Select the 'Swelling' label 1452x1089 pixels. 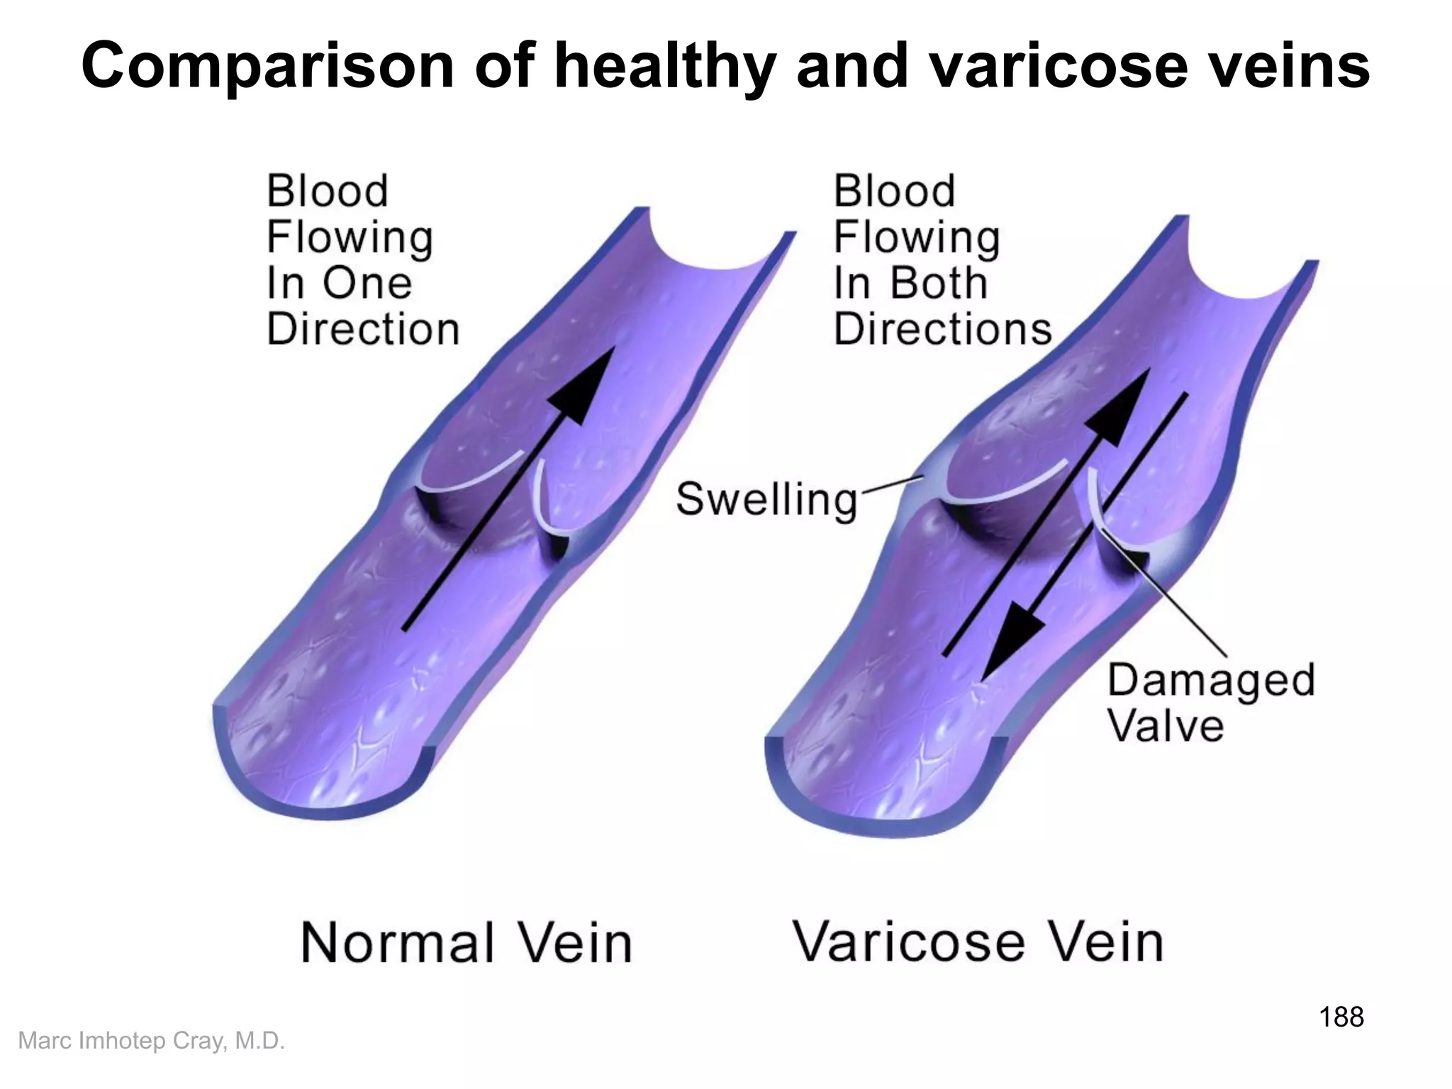pyautogui.click(x=766, y=498)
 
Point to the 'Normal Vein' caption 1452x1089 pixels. pyautogui.click(x=466, y=942)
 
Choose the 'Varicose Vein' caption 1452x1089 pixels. pyautogui.click(x=978, y=942)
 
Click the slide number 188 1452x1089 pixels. pyautogui.click(x=1341, y=1017)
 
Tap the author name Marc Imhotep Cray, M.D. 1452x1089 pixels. pyautogui.click(x=151, y=1041)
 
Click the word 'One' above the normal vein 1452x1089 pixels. pyautogui.click(x=367, y=283)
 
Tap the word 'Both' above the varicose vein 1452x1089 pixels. pyautogui.click(x=938, y=283)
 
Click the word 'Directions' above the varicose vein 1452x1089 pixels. pyautogui.click(x=942, y=329)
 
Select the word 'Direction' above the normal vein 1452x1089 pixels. pyautogui.click(x=363, y=329)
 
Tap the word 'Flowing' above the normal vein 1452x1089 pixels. pyautogui.click(x=350, y=238)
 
